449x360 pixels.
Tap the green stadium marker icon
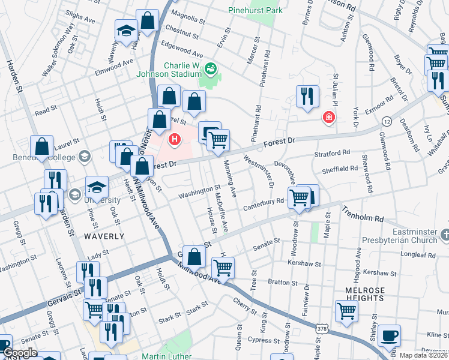coord(211,67)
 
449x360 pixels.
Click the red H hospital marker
coord(175,140)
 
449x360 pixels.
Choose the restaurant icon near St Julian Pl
coord(307,95)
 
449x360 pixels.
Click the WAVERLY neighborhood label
coord(104,236)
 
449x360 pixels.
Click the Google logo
coord(20,353)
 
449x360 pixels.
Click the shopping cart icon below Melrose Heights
coord(346,311)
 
